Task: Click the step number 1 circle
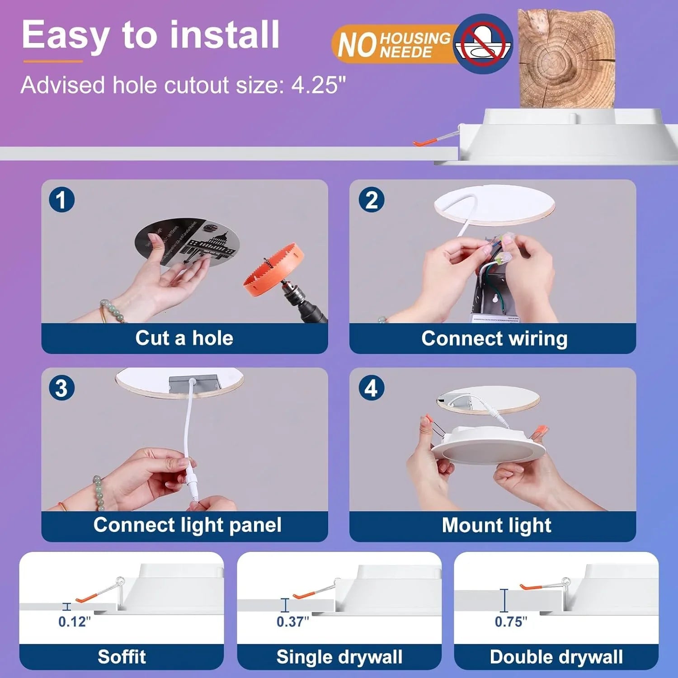click(x=61, y=200)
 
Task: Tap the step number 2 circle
click(x=371, y=200)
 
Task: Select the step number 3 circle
click(x=61, y=388)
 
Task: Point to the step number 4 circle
click(x=371, y=388)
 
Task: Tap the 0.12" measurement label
click(x=75, y=622)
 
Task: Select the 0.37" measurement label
click(x=293, y=622)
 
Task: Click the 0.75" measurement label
click(x=511, y=622)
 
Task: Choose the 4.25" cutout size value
click(x=318, y=85)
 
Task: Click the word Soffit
click(x=122, y=656)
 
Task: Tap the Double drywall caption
click(x=556, y=656)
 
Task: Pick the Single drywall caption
click(x=339, y=656)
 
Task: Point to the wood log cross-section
click(x=566, y=59)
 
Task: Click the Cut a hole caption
click(x=184, y=338)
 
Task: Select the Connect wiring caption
click(x=494, y=338)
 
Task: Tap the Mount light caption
click(x=496, y=525)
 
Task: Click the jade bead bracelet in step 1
click(x=110, y=312)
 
